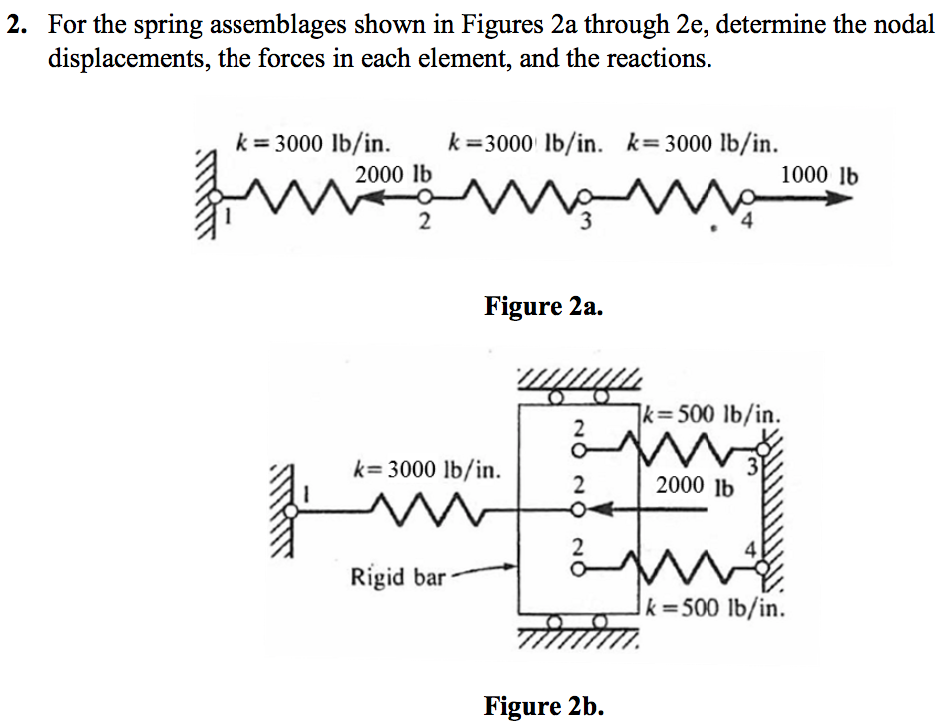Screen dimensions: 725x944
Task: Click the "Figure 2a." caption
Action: tap(543, 305)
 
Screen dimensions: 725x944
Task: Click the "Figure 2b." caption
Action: tap(543, 706)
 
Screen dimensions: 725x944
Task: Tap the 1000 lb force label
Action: tap(818, 175)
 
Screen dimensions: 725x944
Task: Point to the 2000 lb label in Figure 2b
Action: tap(695, 487)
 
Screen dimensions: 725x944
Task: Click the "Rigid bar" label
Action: tap(397, 576)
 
